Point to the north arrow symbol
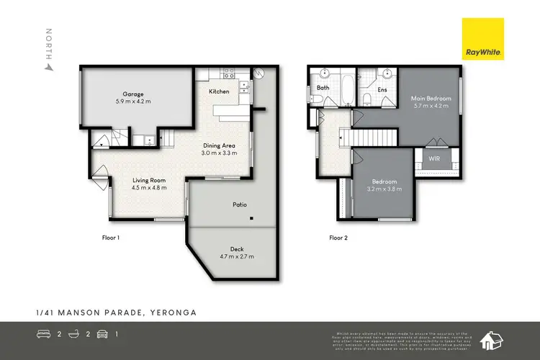click(x=49, y=66)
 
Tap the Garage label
click(x=132, y=94)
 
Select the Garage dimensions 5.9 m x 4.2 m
click(x=132, y=102)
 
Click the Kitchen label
click(x=219, y=92)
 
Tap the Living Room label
click(x=148, y=180)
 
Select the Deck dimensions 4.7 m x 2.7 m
click(x=232, y=256)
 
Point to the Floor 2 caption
click(x=340, y=237)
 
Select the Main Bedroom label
click(x=431, y=98)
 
